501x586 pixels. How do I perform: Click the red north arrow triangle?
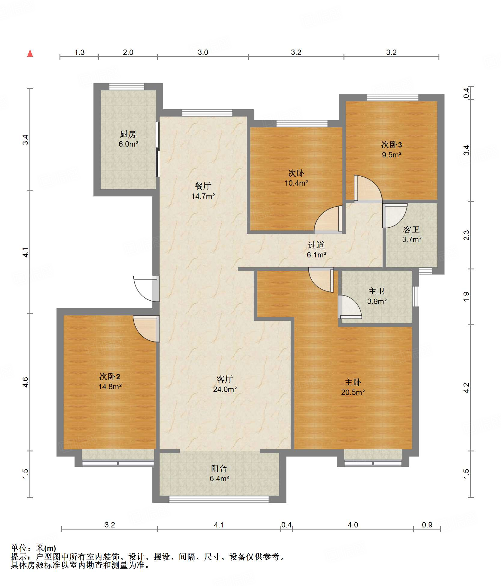30,53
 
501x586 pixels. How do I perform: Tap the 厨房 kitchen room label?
128,134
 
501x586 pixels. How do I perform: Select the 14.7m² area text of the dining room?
203,196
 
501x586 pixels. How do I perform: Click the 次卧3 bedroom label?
392,145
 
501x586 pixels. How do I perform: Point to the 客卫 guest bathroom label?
411,230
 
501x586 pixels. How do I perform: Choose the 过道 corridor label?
316,245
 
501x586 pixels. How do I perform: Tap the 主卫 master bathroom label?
377,291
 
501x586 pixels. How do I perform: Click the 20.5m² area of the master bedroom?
353,392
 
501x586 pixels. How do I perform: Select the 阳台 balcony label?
219,469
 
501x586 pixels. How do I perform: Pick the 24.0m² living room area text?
225,389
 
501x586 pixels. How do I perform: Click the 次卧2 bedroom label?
110,377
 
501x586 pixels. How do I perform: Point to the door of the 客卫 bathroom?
395,216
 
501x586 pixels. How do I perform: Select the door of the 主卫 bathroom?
350,307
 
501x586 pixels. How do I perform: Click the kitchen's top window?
127,87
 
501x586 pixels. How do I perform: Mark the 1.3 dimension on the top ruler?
79,52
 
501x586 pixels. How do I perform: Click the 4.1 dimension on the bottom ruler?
219,525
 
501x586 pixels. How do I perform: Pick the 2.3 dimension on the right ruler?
466,235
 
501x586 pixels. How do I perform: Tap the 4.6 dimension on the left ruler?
26,382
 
